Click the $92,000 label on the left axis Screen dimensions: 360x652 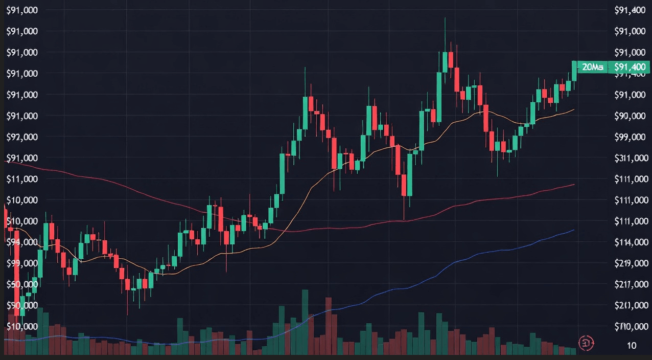[x=23, y=137]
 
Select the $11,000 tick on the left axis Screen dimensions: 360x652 [x=23, y=179]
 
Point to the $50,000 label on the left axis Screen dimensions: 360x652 [x=23, y=284]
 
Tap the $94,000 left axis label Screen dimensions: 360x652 [x=23, y=242]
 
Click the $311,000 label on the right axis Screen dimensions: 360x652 [x=630, y=158]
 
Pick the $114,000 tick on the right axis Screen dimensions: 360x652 [x=630, y=242]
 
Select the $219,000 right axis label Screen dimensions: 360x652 [x=630, y=263]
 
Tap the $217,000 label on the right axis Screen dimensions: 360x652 [x=630, y=284]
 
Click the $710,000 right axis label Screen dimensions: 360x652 [x=630, y=326]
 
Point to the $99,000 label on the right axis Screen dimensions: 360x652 [x=630, y=137]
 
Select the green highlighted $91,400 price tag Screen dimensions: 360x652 [x=630, y=67]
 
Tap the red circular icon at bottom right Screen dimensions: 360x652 [x=586, y=343]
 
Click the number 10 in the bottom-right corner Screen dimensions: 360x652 [x=632, y=346]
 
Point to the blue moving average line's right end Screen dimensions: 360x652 [x=574, y=230]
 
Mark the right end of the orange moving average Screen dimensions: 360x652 [x=574, y=109]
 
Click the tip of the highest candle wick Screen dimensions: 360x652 [x=445, y=18]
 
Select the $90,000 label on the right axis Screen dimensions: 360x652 [x=630, y=116]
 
